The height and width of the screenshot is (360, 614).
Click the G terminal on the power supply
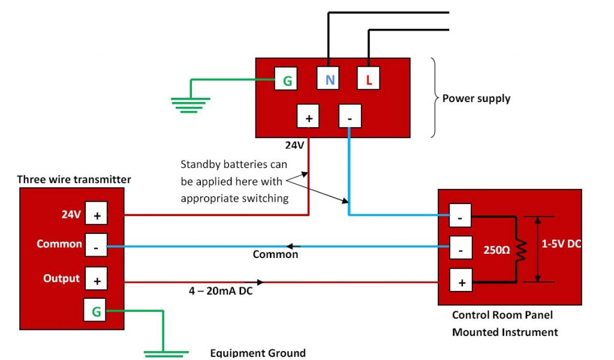click(x=286, y=79)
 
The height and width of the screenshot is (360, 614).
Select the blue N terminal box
click(x=329, y=79)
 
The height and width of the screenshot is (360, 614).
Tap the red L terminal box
click(x=369, y=79)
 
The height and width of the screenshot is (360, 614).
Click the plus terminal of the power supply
click(x=309, y=117)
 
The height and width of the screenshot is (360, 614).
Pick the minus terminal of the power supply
click(x=349, y=117)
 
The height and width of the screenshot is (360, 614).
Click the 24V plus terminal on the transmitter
click(x=97, y=214)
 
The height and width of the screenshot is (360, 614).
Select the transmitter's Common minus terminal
click(x=97, y=245)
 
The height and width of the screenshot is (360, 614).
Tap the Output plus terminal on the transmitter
click(x=97, y=280)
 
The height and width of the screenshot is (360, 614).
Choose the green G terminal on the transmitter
click(x=96, y=311)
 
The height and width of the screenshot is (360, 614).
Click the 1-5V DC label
click(x=562, y=244)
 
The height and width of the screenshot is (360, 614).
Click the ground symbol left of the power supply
click(x=191, y=104)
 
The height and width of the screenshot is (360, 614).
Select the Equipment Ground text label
click(x=258, y=353)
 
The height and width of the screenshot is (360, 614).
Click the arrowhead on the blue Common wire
click(x=290, y=246)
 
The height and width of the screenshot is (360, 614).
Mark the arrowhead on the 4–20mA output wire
click(x=260, y=281)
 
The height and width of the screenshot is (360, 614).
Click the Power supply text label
click(x=476, y=98)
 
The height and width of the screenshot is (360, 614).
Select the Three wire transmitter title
click(x=74, y=179)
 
